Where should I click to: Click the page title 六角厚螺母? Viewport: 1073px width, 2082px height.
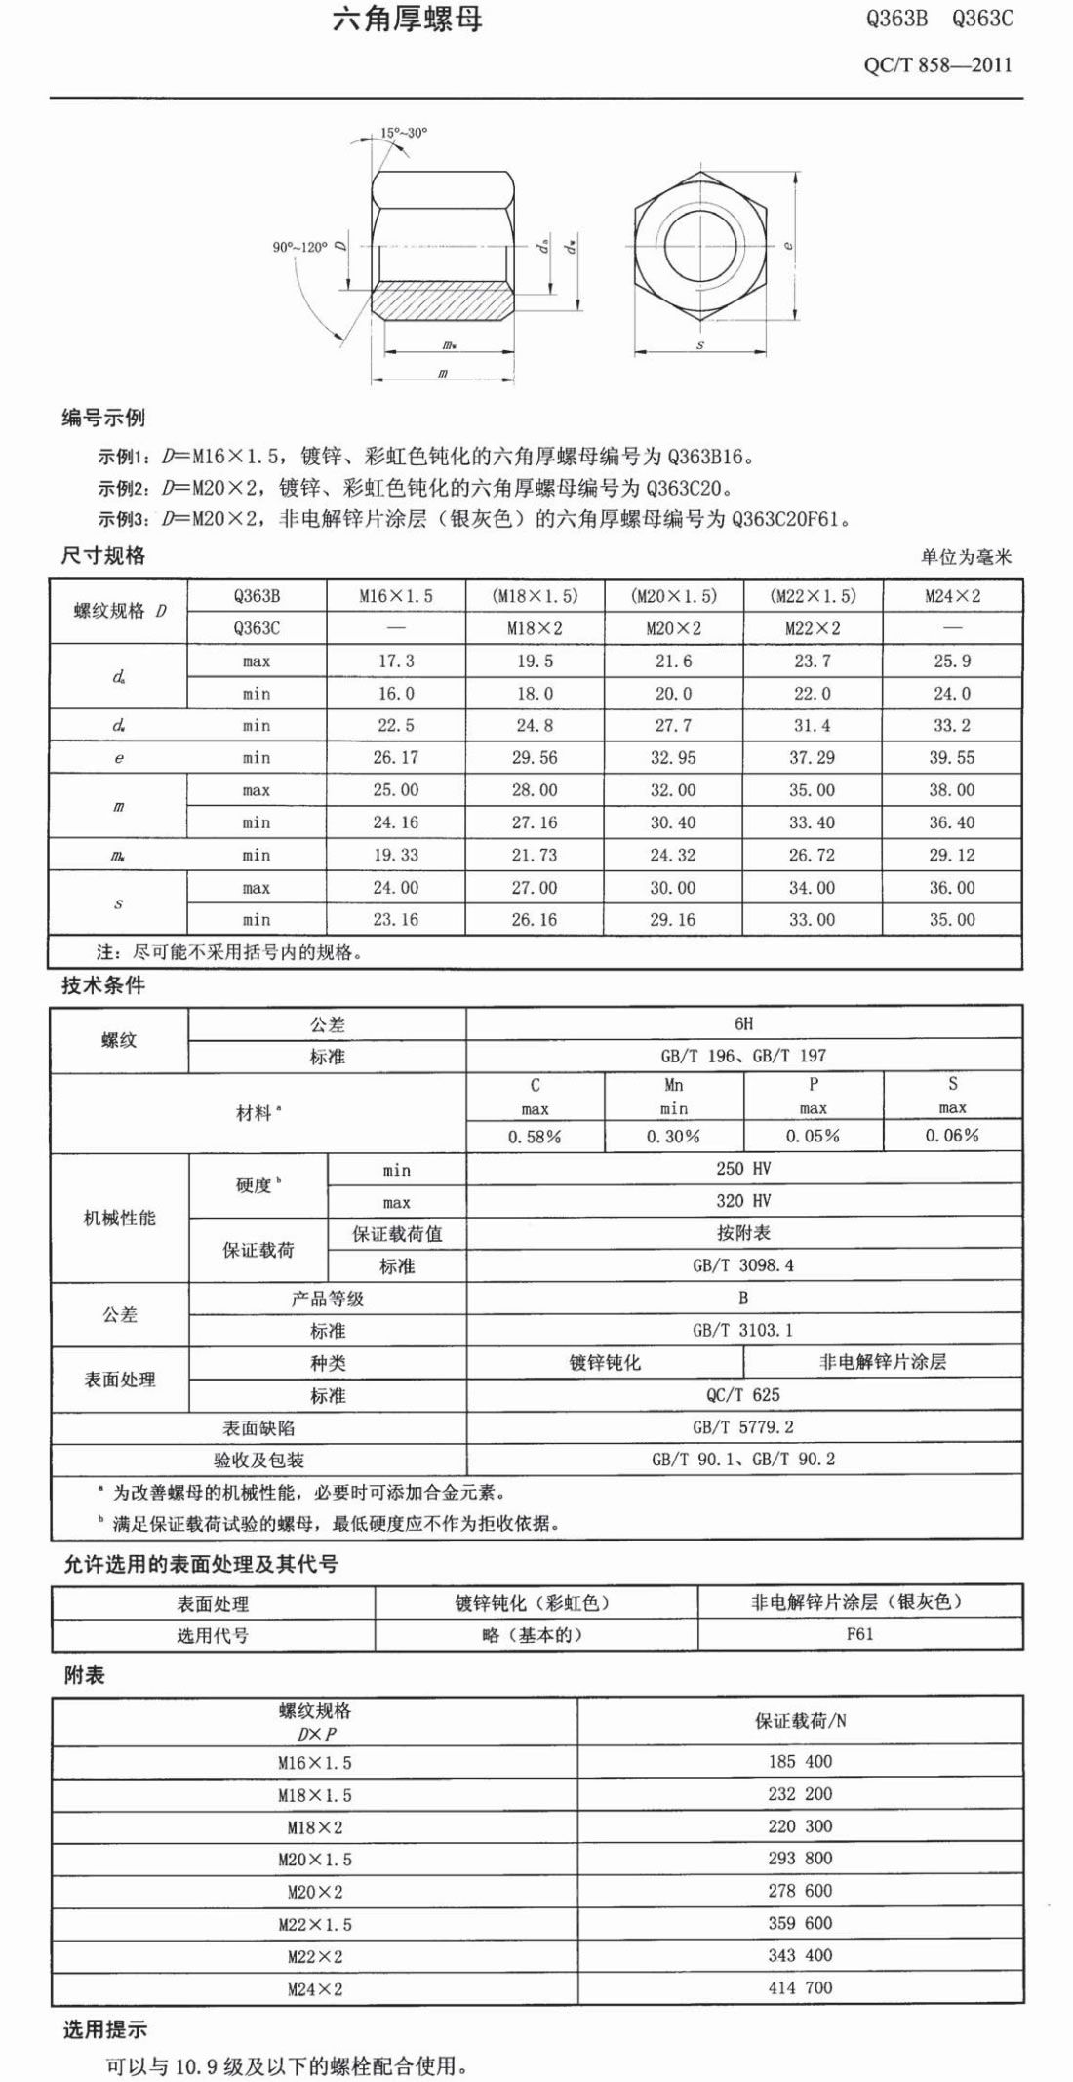[408, 20]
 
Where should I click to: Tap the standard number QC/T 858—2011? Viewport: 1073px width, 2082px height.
[937, 65]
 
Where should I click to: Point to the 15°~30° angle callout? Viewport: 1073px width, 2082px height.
[404, 133]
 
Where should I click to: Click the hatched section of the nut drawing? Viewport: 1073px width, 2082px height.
[443, 299]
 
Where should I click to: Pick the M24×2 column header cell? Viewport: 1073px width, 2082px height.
[952, 596]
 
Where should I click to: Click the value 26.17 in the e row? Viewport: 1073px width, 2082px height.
[395, 758]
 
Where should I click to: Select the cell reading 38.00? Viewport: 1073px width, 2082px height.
[952, 790]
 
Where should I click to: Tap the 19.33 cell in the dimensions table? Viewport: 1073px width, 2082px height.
[395, 855]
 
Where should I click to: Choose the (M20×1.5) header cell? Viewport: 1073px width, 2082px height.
[673, 596]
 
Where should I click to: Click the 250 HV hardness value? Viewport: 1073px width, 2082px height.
[743, 1169]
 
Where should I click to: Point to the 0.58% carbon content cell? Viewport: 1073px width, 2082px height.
[535, 1137]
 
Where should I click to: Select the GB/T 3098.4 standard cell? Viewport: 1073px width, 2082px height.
[743, 1265]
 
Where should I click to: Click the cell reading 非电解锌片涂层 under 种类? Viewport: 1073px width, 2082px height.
[883, 1362]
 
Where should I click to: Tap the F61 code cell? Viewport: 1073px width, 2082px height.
[860, 1634]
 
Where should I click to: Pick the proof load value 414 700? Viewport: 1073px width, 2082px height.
[800, 1987]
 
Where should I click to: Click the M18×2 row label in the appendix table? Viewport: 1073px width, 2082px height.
[314, 1826]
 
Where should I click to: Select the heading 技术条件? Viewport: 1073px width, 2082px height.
[102, 985]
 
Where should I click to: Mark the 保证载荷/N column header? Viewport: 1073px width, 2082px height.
[800, 1721]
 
